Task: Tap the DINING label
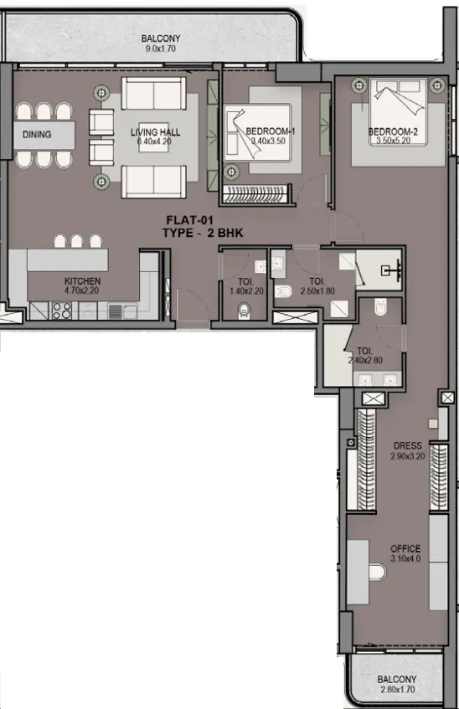(x=36, y=134)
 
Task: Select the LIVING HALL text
(x=154, y=133)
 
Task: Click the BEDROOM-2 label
(x=393, y=132)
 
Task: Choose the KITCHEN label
(x=83, y=281)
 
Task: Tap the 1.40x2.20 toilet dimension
(x=245, y=291)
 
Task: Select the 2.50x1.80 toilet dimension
(x=317, y=291)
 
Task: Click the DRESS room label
(x=408, y=446)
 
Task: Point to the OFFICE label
(x=405, y=549)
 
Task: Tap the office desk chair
(x=378, y=574)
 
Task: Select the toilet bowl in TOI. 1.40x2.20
(x=245, y=312)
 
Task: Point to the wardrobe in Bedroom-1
(x=257, y=197)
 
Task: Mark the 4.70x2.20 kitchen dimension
(x=83, y=291)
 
